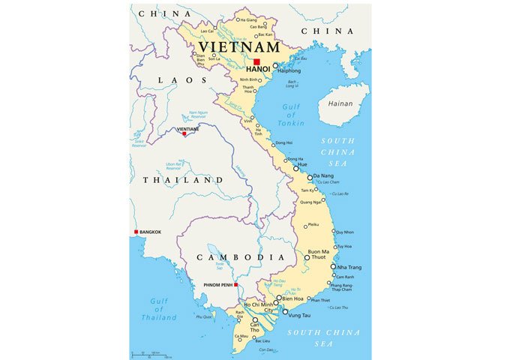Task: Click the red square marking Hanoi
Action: pos(256,62)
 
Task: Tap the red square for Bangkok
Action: pos(136,232)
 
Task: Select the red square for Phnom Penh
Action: pos(235,285)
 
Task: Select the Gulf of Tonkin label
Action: pos(290,117)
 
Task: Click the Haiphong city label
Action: pos(289,71)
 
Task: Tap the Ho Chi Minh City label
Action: pos(257,308)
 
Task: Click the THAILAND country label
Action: pos(178,181)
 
